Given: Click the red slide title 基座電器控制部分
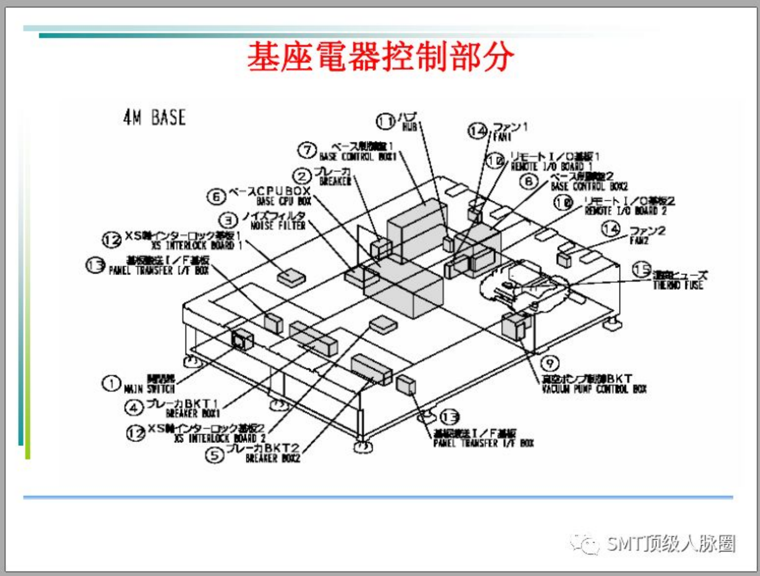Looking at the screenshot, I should click(380, 57).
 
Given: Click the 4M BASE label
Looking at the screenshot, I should click(154, 117).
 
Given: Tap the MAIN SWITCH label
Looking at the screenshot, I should click(149, 389).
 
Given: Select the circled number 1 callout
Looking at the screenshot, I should click(111, 383).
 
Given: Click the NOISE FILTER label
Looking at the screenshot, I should click(278, 225).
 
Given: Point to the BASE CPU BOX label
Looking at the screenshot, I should click(284, 201).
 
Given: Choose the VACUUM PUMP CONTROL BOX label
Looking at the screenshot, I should click(594, 389).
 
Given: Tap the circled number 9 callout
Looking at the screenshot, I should click(549, 363).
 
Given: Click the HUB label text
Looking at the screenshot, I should click(409, 127).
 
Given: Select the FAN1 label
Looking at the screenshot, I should click(502, 137).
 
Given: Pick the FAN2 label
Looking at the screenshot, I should click(639, 240).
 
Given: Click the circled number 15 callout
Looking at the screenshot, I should click(641, 270).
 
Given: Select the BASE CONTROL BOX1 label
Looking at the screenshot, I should click(358, 157).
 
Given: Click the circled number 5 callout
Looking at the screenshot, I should click(214, 455).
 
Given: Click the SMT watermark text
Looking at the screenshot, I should click(670, 544).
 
